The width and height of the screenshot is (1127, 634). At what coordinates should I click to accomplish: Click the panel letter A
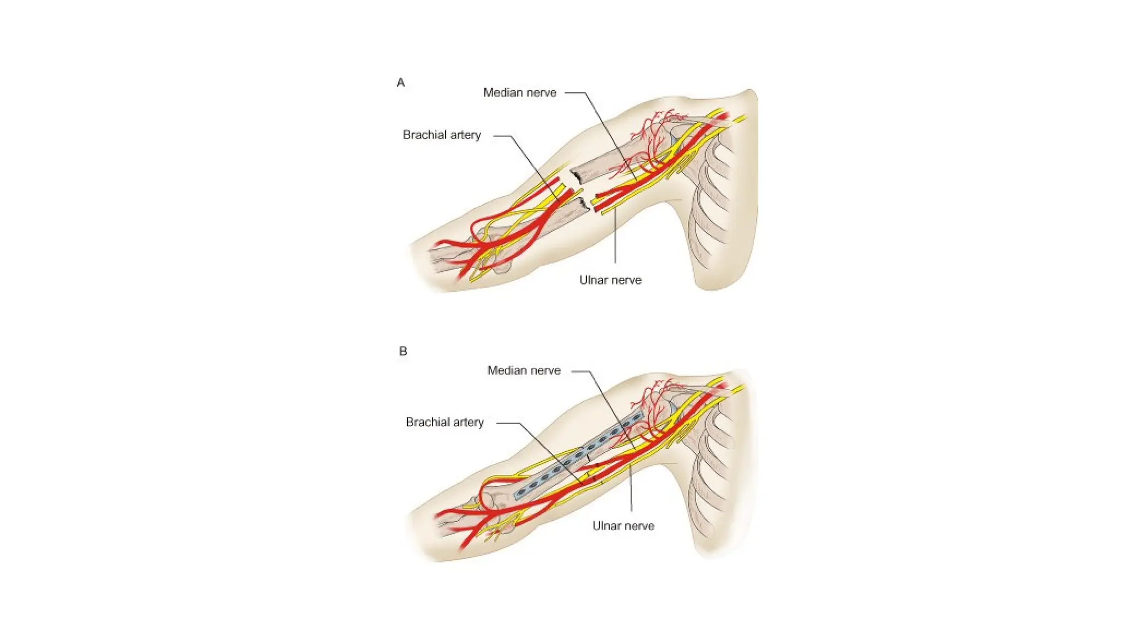[401, 83]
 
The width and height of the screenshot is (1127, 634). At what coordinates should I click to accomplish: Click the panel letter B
[403, 351]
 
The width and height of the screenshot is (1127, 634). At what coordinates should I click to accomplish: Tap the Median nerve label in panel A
[519, 92]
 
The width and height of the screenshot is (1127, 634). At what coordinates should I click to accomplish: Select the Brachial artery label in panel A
[441, 135]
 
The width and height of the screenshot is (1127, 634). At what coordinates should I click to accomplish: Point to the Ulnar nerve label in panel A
[610, 280]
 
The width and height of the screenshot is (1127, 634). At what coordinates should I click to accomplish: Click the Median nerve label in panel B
[524, 370]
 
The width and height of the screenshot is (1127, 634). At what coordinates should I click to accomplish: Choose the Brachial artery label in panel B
[445, 422]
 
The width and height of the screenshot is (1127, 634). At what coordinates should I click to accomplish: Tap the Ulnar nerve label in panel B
[623, 526]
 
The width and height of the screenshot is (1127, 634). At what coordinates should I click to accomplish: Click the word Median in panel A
[501, 92]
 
